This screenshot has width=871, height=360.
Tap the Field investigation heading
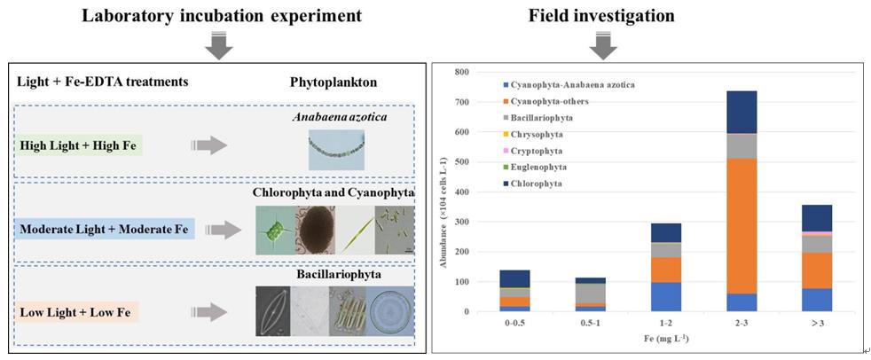point(601,15)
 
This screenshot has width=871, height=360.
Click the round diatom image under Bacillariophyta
point(390,309)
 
